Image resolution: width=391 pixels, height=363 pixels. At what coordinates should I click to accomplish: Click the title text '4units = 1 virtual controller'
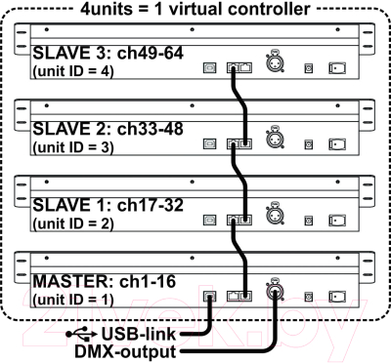point(195,9)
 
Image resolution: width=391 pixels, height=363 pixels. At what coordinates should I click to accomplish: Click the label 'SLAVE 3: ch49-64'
point(94,52)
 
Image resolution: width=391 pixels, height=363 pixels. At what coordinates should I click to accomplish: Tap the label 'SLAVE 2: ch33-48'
point(94,128)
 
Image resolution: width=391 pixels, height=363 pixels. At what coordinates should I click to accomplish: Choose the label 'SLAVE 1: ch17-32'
point(94,206)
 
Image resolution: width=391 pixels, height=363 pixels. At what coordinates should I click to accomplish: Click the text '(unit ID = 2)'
point(72,223)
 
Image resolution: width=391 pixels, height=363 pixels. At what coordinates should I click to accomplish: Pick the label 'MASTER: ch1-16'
point(88,281)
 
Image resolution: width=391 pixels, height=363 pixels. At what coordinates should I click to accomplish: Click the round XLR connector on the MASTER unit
point(277,291)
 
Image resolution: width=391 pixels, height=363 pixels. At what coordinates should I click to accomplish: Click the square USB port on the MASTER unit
point(209,293)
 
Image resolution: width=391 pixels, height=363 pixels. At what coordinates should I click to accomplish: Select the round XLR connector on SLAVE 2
point(277,142)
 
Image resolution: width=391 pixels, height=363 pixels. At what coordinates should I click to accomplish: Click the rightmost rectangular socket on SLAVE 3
point(337,68)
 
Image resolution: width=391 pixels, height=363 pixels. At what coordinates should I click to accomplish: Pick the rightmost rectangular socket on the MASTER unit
point(337,293)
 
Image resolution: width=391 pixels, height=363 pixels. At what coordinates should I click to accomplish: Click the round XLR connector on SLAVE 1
point(277,219)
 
